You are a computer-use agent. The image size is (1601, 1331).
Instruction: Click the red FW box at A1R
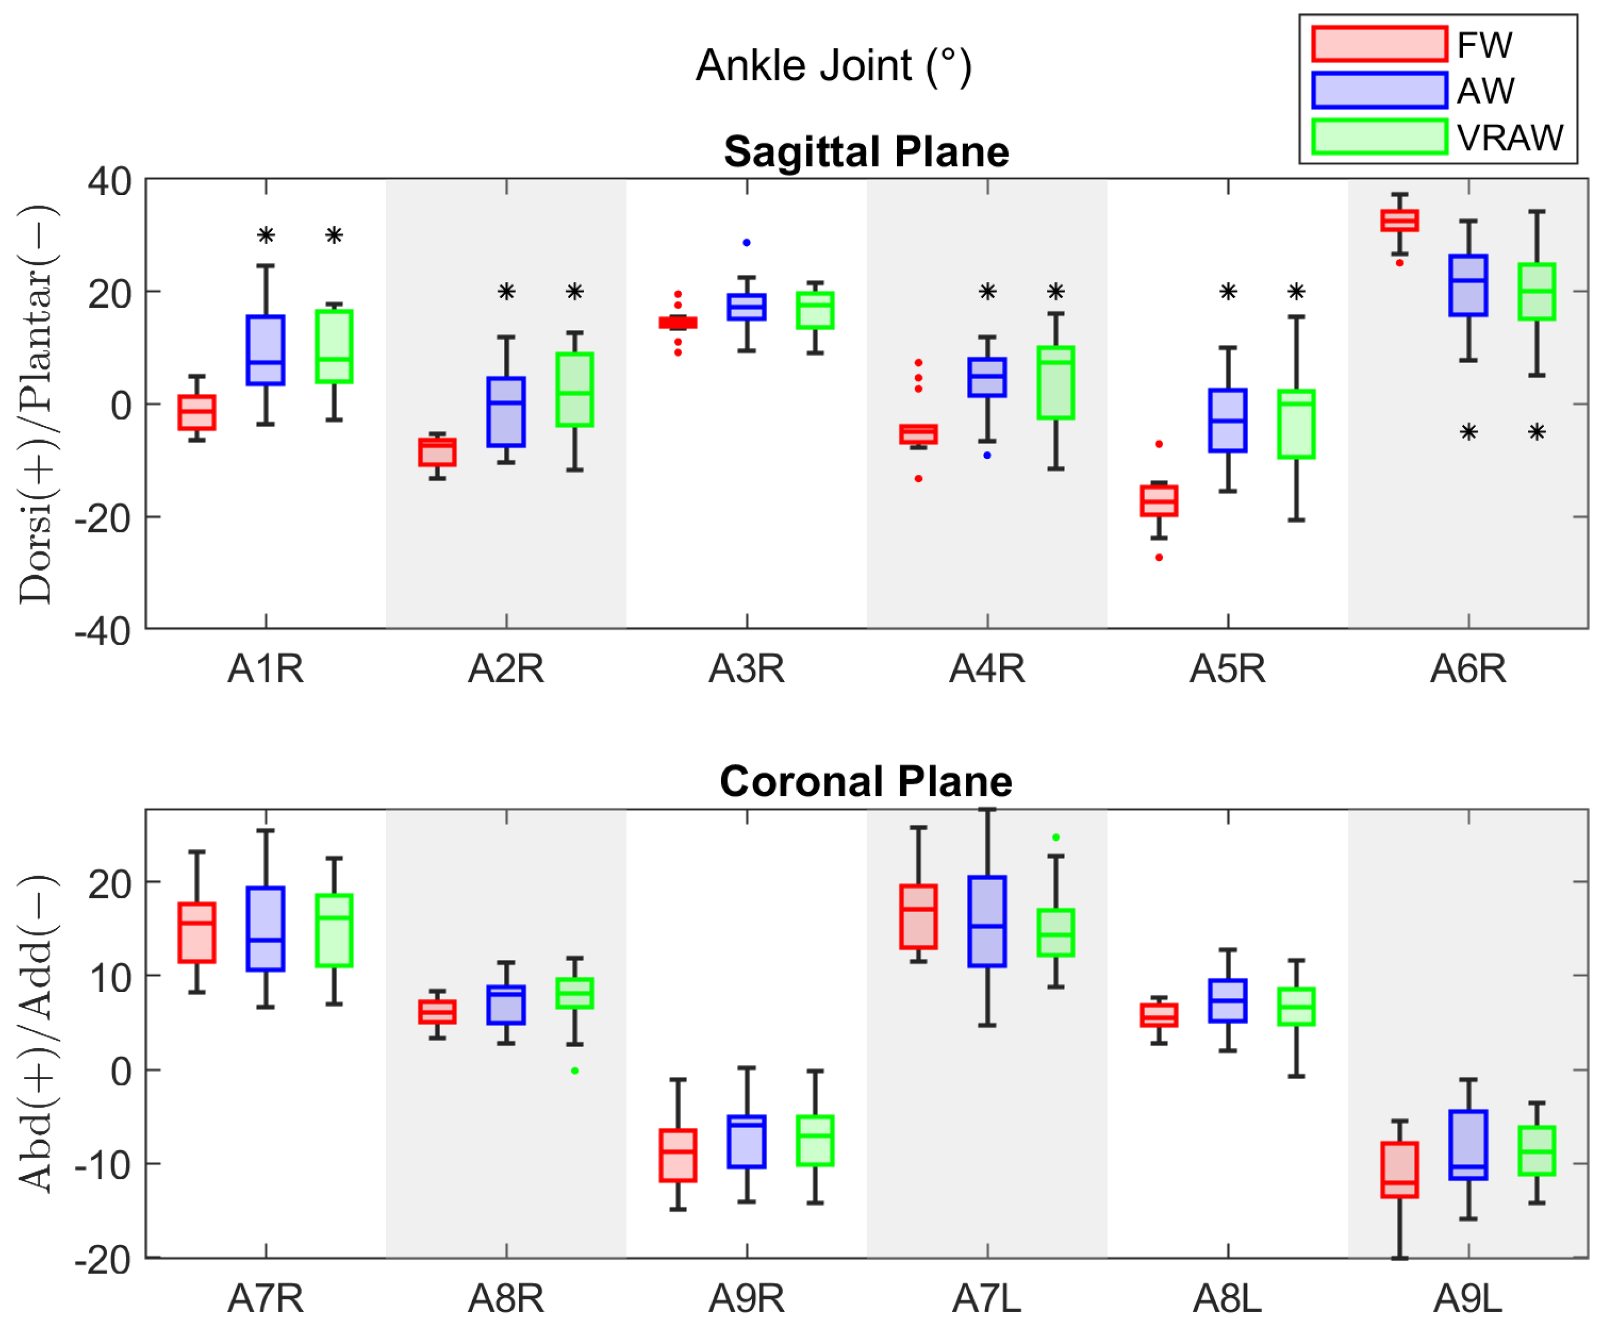(197, 413)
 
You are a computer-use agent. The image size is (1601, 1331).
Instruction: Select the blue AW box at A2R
(506, 412)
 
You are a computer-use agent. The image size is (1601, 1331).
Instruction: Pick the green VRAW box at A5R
(1296, 424)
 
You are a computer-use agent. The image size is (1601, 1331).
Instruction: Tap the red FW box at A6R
(1400, 220)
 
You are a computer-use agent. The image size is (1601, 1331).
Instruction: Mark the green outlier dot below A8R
(575, 1071)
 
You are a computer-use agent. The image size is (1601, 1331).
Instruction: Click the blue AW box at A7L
(988, 922)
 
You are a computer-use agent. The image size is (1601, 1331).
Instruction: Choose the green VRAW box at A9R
(815, 1141)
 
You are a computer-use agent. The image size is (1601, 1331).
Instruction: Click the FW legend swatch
(1379, 44)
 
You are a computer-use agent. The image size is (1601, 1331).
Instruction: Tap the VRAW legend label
(1510, 138)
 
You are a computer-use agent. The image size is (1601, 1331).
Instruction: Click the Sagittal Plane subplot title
(866, 151)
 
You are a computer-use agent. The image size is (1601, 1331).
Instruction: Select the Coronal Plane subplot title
(866, 781)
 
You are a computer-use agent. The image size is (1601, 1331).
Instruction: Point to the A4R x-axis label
(988, 669)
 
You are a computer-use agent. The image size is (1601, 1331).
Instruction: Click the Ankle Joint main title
(833, 66)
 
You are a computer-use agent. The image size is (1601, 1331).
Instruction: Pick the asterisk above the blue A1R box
(265, 235)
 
